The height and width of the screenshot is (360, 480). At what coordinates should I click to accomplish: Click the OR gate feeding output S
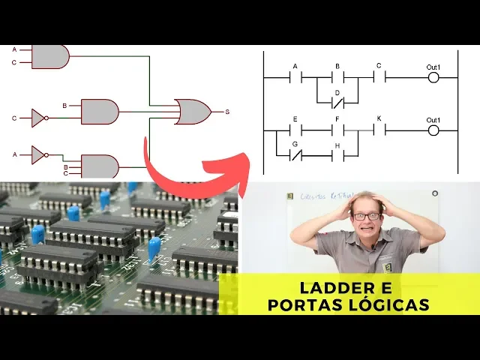pyautogui.click(x=192, y=112)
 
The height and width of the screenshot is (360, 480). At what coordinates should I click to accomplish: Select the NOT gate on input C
pyautogui.click(x=38, y=118)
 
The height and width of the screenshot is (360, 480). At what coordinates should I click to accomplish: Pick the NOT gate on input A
pyautogui.click(x=38, y=154)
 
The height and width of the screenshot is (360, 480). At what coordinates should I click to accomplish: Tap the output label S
pyautogui.click(x=227, y=112)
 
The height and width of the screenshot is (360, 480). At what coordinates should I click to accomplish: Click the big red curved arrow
pyautogui.click(x=195, y=169)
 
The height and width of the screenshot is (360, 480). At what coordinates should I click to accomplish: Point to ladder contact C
pyautogui.click(x=379, y=76)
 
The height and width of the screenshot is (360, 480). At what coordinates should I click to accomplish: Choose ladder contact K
pyautogui.click(x=379, y=130)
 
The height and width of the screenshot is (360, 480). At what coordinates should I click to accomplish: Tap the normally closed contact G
pyautogui.click(x=295, y=155)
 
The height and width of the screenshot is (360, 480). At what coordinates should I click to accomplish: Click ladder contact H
pyautogui.click(x=337, y=155)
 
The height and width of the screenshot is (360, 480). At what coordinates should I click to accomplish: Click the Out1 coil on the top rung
pyautogui.click(x=433, y=76)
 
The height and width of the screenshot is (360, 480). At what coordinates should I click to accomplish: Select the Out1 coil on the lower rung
pyautogui.click(x=433, y=130)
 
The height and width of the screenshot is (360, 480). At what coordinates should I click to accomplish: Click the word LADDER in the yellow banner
pyautogui.click(x=334, y=288)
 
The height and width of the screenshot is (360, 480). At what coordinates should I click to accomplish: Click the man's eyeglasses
pyautogui.click(x=365, y=216)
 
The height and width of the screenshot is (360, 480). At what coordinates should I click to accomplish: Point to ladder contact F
pyautogui.click(x=337, y=130)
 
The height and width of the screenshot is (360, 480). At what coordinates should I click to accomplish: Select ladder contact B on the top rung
pyautogui.click(x=337, y=76)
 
